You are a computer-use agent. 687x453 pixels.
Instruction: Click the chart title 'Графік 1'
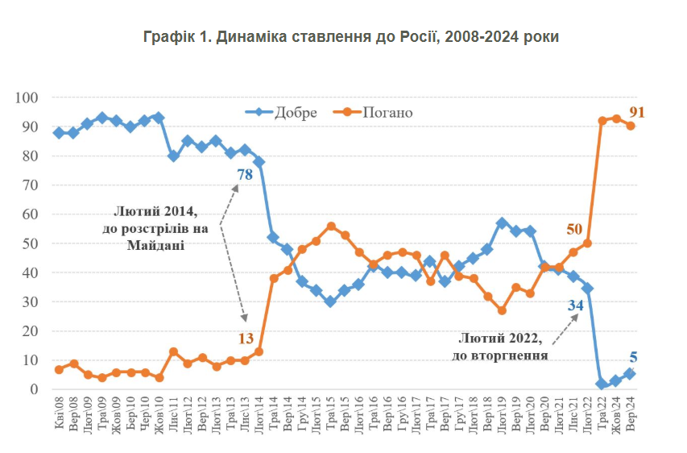350,37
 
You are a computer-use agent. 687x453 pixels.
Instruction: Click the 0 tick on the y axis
35,389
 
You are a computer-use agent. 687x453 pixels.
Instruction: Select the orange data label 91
638,112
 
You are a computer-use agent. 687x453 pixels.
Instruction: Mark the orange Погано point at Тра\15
331,226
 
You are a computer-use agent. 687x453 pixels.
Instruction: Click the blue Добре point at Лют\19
502,223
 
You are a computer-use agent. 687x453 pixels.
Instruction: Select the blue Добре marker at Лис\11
173,156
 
